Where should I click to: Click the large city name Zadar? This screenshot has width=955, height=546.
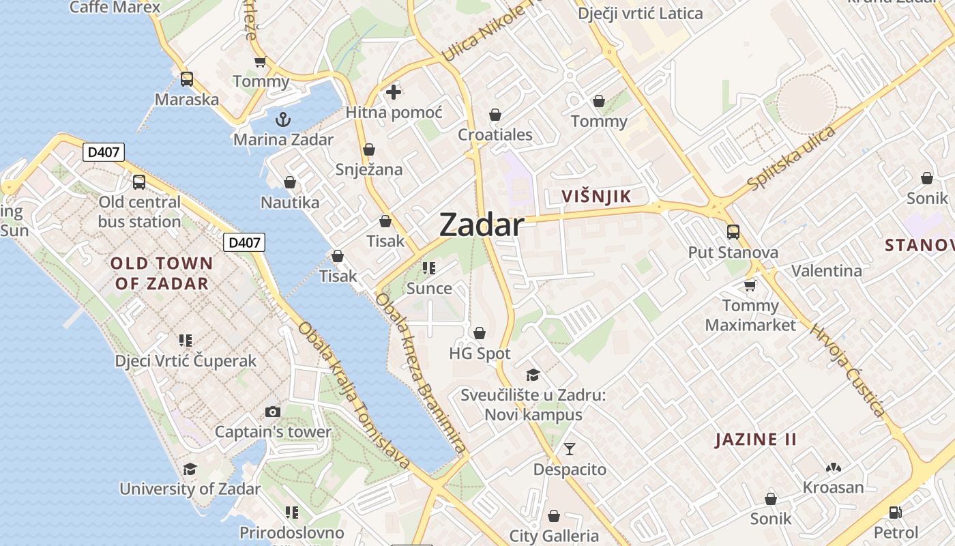click(x=482, y=225)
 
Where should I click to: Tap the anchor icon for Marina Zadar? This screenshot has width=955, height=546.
click(x=282, y=119)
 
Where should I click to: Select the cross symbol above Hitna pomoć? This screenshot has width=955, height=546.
click(x=394, y=91)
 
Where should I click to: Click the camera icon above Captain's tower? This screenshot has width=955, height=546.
click(x=272, y=412)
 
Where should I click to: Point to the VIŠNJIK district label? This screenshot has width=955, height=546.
click(x=596, y=197)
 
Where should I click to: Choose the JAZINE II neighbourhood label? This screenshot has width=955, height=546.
click(x=755, y=439)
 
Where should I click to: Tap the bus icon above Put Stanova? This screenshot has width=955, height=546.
click(x=733, y=232)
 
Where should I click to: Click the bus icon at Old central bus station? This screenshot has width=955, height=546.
click(x=139, y=182)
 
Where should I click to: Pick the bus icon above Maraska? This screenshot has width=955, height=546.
click(x=186, y=79)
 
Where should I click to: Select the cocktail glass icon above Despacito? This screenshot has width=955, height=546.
click(x=569, y=448)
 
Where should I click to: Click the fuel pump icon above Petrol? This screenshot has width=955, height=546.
click(x=896, y=512)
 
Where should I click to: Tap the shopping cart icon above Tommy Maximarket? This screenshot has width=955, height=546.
click(x=750, y=285)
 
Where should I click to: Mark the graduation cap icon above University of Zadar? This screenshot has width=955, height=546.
click(x=190, y=469)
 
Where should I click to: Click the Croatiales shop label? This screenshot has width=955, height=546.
click(x=495, y=134)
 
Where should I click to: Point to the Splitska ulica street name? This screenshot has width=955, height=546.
click(x=791, y=158)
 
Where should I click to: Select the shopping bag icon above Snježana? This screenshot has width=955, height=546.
click(x=369, y=149)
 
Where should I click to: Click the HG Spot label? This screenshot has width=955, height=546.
click(x=480, y=354)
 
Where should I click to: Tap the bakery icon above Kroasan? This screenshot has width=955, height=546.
click(x=833, y=468)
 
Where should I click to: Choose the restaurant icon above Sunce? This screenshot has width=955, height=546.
click(x=428, y=268)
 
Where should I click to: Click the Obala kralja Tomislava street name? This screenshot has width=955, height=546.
click(x=354, y=395)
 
